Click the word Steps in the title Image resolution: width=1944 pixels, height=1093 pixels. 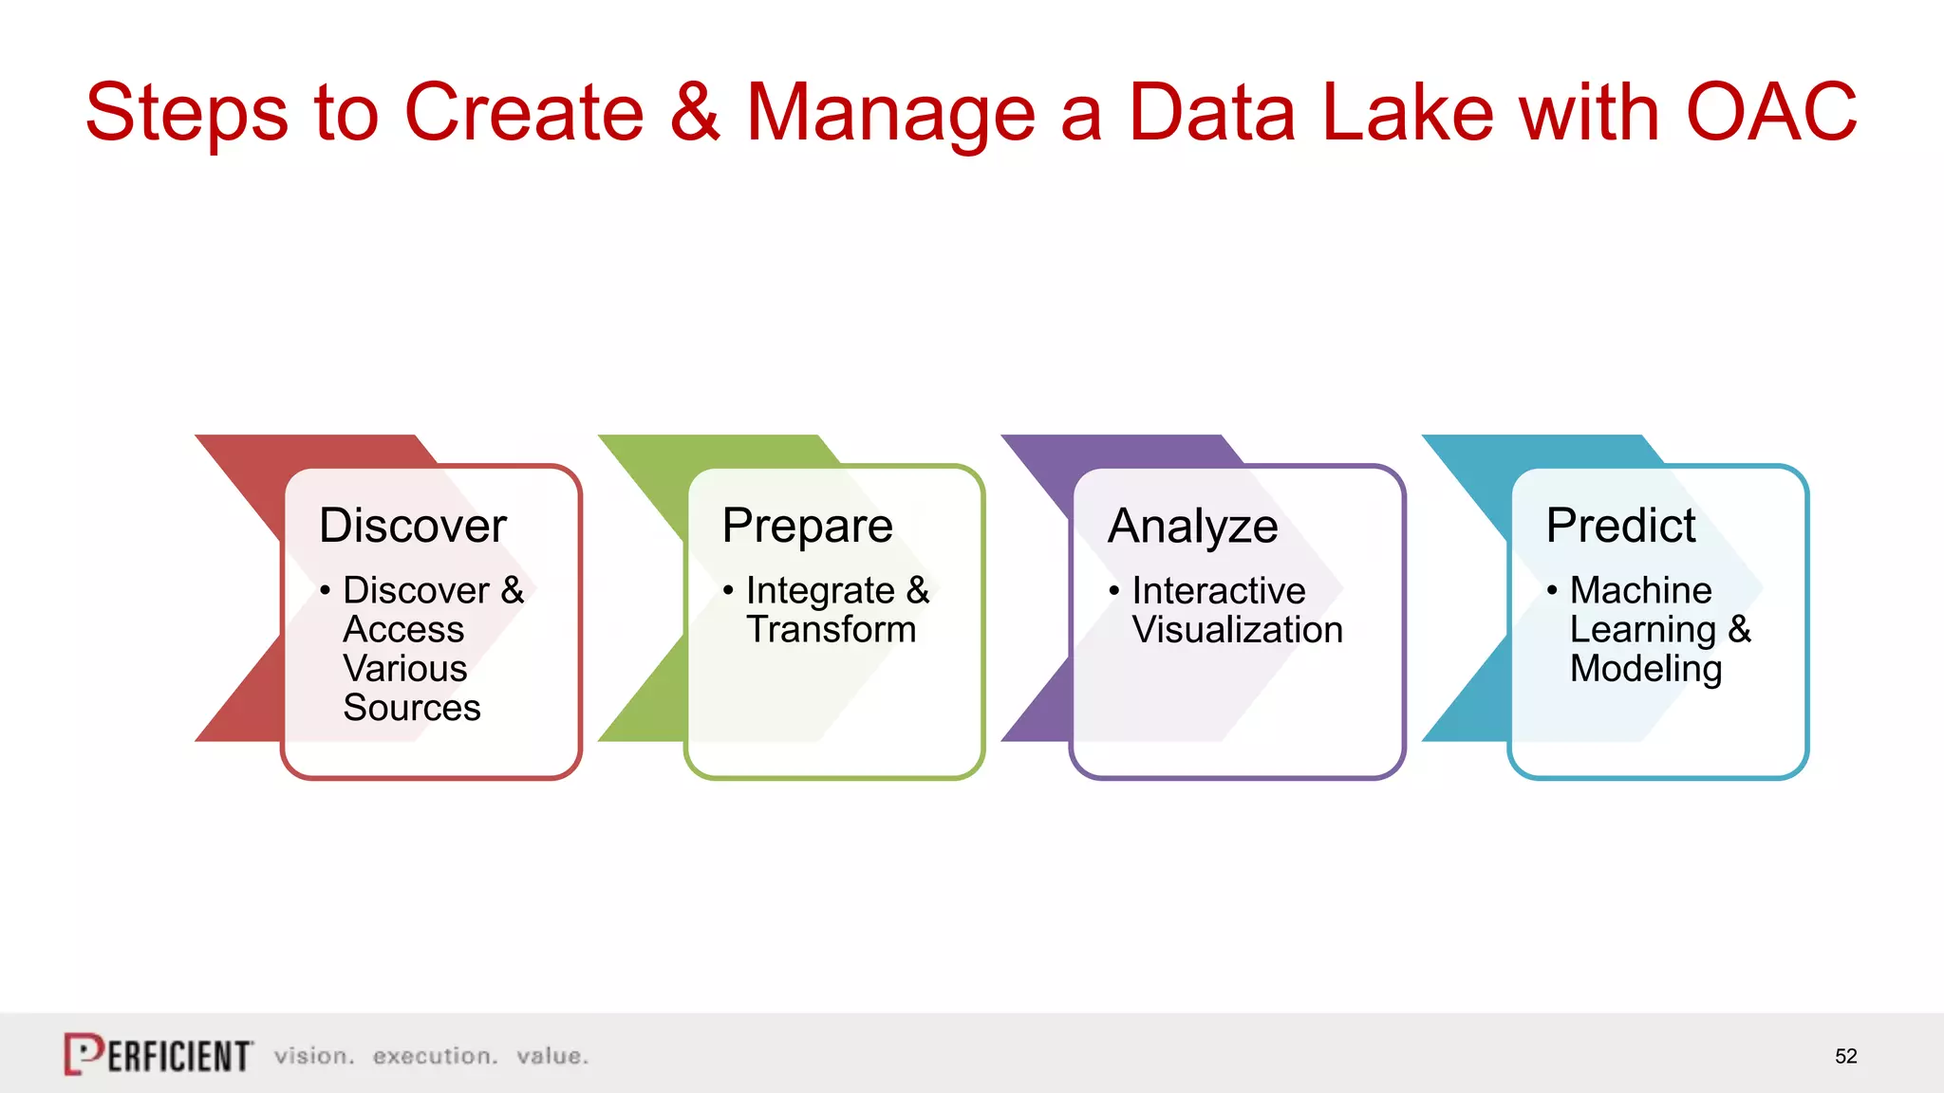click(x=186, y=114)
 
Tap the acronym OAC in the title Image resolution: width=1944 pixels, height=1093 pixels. click(x=1770, y=112)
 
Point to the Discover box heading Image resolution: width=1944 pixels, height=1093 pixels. click(x=413, y=526)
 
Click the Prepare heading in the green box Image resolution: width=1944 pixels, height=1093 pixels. click(x=807, y=527)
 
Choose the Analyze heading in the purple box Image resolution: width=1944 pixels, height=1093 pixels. click(x=1192, y=527)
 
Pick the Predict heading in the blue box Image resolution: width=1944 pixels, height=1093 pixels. click(x=1620, y=526)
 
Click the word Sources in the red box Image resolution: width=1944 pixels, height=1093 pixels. click(x=412, y=708)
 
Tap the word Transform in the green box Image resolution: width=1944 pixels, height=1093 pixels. click(x=831, y=630)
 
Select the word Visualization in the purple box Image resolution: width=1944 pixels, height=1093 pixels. click(x=1237, y=630)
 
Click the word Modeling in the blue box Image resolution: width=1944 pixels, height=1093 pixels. click(x=1645, y=670)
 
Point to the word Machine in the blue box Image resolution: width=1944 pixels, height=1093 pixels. click(x=1640, y=590)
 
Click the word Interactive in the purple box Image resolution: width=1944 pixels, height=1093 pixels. click(x=1219, y=591)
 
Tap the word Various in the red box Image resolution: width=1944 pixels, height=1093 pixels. click(x=405, y=669)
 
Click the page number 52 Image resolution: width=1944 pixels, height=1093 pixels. click(x=1845, y=1056)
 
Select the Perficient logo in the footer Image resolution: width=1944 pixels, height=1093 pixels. click(x=159, y=1054)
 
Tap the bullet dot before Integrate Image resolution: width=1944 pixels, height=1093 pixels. click(x=728, y=590)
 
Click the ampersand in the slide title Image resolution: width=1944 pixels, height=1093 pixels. click(x=695, y=112)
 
